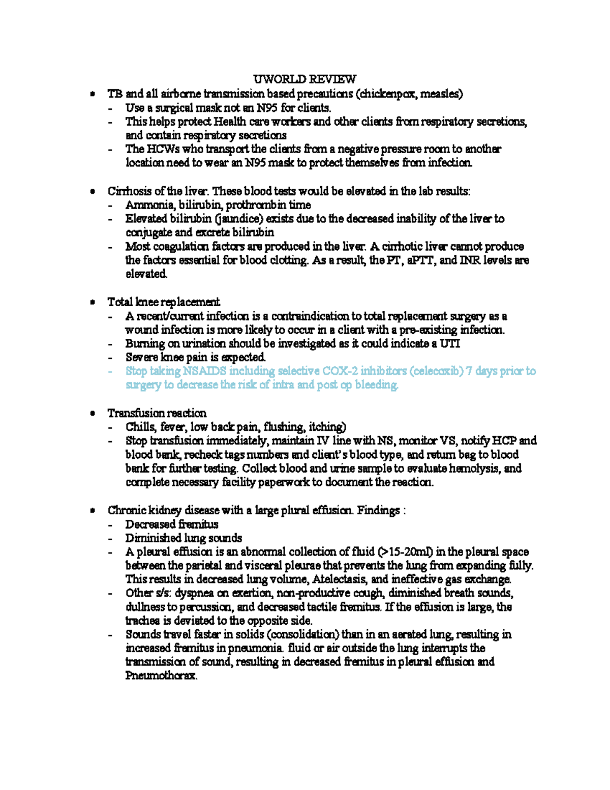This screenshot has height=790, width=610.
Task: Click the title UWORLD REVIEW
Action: click(x=304, y=79)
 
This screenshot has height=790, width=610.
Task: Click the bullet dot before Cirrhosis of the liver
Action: click(x=92, y=192)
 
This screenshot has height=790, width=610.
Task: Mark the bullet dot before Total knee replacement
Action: click(x=92, y=303)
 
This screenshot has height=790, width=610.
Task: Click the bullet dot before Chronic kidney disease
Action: click(x=92, y=511)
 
